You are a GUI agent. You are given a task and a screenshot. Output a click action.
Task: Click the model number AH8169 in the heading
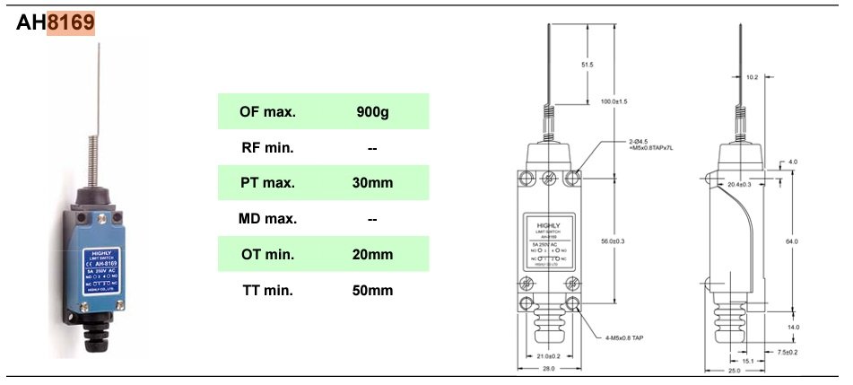click(56, 24)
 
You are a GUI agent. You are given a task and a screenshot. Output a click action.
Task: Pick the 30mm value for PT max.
click(373, 183)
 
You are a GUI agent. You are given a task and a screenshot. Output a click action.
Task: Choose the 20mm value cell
click(373, 255)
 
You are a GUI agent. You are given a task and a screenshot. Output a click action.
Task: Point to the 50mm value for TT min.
click(373, 291)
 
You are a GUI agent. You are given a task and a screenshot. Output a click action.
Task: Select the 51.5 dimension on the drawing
click(588, 66)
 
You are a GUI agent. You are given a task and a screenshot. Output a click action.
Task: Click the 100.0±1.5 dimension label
click(615, 101)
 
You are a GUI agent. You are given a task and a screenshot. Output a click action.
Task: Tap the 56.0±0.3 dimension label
click(615, 241)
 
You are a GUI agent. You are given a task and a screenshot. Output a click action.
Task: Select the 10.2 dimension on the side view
click(752, 78)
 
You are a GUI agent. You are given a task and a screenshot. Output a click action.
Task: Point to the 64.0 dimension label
click(792, 241)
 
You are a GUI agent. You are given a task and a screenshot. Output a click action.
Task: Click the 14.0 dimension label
click(792, 327)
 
